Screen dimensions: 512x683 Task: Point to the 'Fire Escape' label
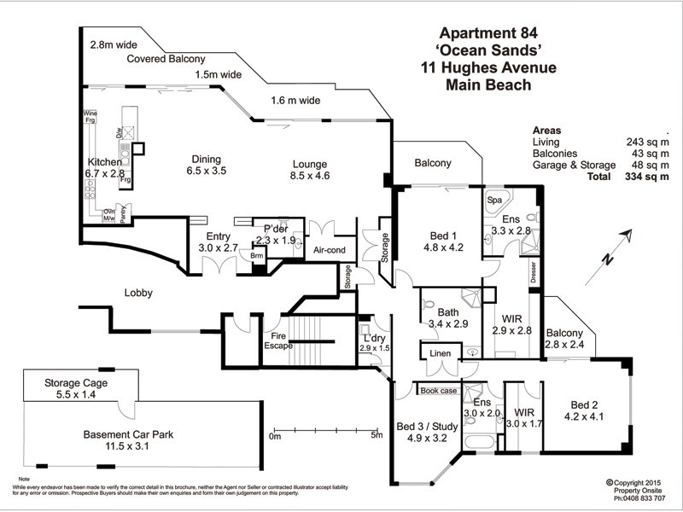[x=277, y=341]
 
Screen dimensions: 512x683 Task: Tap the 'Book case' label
[x=439, y=391]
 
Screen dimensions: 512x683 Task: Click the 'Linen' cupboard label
[x=441, y=352]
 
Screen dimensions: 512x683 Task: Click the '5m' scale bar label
[x=377, y=436]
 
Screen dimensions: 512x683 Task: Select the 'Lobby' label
[x=138, y=293]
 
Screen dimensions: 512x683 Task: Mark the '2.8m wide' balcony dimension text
[x=113, y=41]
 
